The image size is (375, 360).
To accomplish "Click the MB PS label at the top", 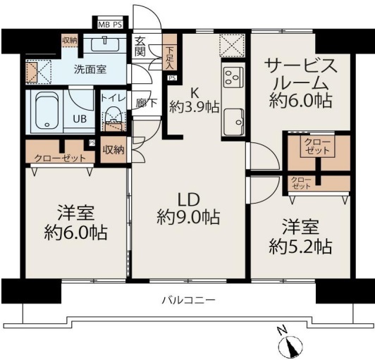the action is [110, 25].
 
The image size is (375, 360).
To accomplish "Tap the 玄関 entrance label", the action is [140, 46].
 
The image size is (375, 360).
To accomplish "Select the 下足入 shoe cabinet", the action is [170, 52].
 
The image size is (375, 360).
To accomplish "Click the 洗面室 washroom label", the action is [90, 70].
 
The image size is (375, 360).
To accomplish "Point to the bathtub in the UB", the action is [47, 111].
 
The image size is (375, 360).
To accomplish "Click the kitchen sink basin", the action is [233, 122].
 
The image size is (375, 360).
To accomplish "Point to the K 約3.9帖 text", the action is [195, 101].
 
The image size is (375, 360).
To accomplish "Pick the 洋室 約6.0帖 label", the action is [75, 223].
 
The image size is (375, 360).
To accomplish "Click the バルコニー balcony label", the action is [189, 299].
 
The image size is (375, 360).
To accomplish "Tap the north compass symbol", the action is [290, 344].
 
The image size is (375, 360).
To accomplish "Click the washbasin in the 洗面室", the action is [105, 44].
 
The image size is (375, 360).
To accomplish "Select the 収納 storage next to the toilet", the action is [113, 149].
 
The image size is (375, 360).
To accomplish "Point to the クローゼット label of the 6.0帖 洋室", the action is [60, 158].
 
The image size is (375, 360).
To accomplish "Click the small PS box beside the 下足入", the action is [173, 78].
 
